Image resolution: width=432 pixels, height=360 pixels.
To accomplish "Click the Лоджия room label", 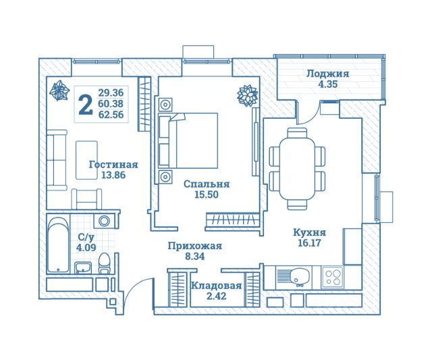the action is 328,74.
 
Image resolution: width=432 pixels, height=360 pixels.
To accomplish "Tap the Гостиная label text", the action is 113,165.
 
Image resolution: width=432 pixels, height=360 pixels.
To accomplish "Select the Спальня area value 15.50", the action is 207,195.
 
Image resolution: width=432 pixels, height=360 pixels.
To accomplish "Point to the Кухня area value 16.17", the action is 310,243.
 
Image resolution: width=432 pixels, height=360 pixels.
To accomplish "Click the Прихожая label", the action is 195,246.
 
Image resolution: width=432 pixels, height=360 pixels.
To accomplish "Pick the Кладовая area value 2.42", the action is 216,297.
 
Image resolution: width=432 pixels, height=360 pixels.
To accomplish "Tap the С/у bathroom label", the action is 86,237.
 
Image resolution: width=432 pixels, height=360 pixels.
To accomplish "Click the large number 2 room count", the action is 86,104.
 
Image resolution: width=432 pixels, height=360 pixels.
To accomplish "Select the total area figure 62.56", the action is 111,115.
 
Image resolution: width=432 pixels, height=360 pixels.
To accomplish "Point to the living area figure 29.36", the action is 111,93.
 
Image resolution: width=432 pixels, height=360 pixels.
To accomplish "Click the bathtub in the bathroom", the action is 58,245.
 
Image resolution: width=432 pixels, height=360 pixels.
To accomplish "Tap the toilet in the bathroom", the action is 104,263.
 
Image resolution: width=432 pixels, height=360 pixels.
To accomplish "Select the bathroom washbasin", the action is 83,267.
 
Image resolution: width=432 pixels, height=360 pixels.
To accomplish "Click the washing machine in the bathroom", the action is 105,221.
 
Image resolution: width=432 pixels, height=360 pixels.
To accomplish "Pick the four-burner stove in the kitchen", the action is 333,278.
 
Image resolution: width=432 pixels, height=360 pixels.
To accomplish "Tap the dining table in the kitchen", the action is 297,169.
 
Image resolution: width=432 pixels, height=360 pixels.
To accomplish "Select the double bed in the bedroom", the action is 188,140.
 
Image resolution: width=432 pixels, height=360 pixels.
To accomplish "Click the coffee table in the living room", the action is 86,160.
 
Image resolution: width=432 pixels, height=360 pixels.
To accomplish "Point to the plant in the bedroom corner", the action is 248,95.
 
